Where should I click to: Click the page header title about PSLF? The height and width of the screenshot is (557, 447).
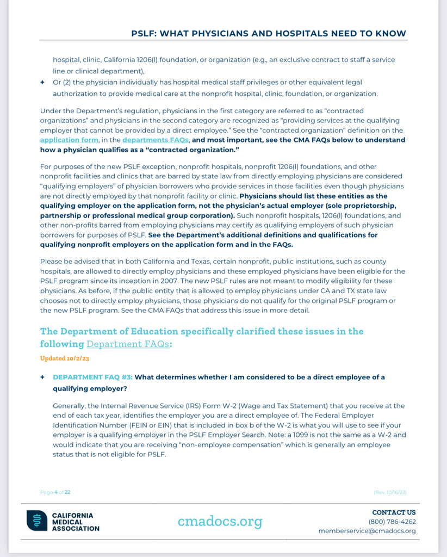[269, 33]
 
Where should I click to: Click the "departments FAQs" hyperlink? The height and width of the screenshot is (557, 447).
[156, 140]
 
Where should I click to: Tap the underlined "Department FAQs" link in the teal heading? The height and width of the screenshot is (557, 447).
[128, 344]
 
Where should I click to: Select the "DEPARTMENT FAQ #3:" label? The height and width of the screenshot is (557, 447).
[92, 377]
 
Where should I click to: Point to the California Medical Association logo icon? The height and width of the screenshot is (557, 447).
[37, 521]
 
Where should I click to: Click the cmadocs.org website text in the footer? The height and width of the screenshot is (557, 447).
[220, 521]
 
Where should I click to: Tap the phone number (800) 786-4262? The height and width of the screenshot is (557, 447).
[392, 522]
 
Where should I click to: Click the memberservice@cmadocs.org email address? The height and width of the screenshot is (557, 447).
[367, 531]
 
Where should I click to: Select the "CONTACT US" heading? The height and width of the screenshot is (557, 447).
[394, 512]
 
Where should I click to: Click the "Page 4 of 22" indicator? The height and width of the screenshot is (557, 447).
[55, 492]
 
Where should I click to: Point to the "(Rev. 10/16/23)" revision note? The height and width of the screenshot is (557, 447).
[390, 492]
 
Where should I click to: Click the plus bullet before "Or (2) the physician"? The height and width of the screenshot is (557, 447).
[42, 82]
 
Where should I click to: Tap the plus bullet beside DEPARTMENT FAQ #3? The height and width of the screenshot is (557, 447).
[42, 377]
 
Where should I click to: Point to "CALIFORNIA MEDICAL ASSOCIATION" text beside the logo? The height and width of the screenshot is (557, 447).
[76, 521]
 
